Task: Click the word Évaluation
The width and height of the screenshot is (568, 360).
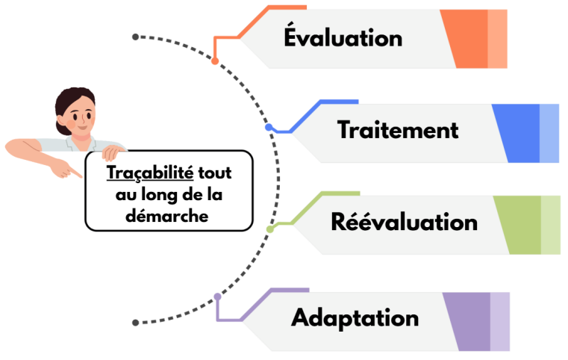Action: tap(343, 37)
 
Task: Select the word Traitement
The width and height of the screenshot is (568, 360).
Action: tap(398, 130)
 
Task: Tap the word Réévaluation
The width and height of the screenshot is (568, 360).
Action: tap(404, 222)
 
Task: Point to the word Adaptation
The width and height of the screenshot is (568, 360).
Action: tap(355, 317)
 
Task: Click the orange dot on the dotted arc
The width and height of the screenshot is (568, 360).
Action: tap(215, 60)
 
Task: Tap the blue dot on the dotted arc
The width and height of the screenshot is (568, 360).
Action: tap(269, 128)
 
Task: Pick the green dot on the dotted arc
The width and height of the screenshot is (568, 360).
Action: tap(270, 229)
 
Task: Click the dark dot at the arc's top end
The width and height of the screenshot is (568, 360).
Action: tap(135, 37)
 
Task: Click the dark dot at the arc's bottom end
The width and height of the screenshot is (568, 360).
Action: tap(135, 323)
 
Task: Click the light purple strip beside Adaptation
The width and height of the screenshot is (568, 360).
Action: tap(500, 321)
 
